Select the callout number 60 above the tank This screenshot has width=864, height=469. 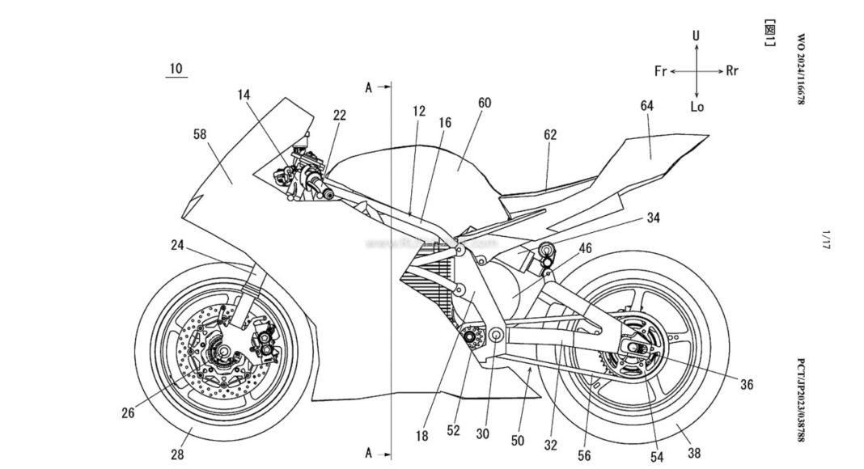coord(484,103)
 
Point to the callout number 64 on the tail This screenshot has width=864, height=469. coord(646,106)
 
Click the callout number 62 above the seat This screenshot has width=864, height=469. coord(550,135)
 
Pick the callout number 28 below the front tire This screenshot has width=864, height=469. coord(177,454)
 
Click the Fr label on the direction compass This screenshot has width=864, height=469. coord(660,71)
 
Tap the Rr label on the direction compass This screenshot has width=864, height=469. coord(732,71)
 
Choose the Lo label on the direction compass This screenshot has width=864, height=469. coord(697,106)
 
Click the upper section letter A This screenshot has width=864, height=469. coord(369,88)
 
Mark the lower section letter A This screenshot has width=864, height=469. coord(369,453)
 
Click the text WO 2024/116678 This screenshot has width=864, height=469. coord(802,73)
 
